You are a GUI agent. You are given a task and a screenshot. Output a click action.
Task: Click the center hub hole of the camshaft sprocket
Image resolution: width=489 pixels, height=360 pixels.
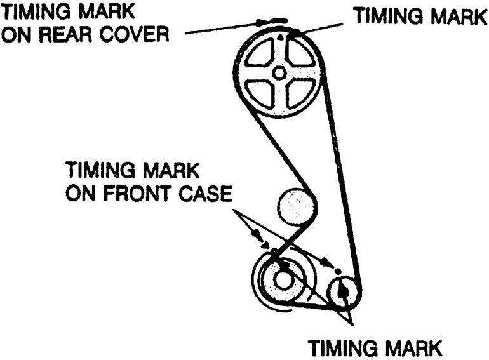(279, 74)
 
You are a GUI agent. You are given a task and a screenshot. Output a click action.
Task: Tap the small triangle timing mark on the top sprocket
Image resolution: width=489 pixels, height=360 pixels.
(279, 38)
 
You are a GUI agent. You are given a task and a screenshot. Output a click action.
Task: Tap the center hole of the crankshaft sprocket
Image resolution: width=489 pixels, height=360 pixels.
(283, 278)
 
